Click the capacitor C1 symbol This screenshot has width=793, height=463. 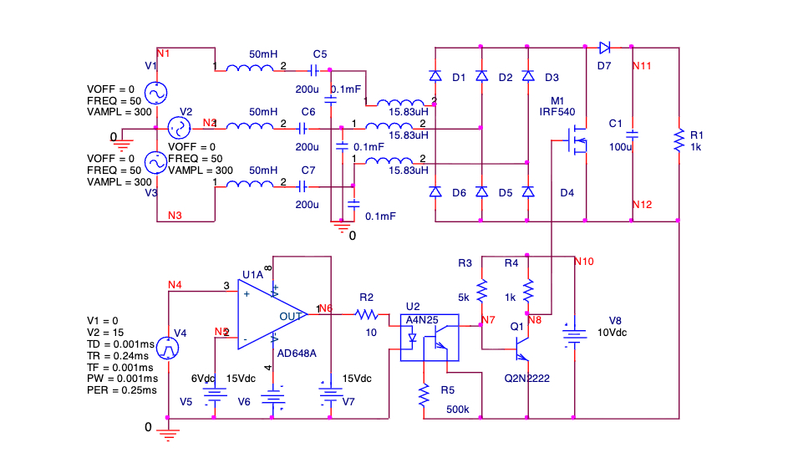(x=632, y=134)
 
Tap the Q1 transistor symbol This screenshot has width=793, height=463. (x=523, y=343)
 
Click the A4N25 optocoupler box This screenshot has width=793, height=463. (x=429, y=338)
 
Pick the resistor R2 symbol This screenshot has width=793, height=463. (x=366, y=315)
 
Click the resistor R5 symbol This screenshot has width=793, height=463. (x=424, y=391)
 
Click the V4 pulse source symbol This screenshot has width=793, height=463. (x=169, y=347)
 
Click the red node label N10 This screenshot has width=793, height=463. (x=584, y=262)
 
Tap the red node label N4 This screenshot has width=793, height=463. (x=174, y=285)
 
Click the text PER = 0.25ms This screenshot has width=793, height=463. (x=122, y=390)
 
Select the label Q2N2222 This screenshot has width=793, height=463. (x=526, y=379)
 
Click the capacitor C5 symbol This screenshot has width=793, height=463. (x=315, y=70)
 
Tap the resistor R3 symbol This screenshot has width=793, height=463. (x=481, y=291)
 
